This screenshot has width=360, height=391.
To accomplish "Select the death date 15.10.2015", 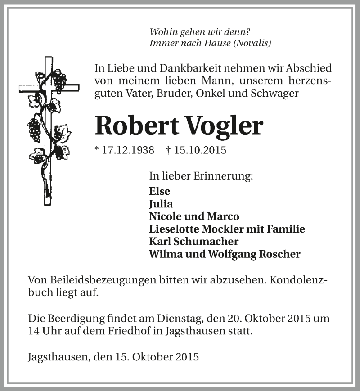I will coord(198,150).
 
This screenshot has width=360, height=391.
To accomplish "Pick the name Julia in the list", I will coord(161,203).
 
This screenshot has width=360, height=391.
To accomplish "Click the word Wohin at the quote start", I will coord(163,32).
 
